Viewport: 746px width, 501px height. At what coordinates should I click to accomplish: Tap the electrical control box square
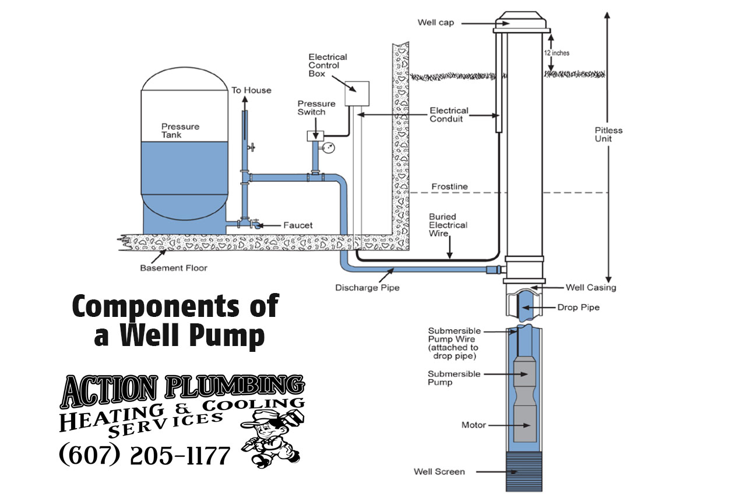point(357,93)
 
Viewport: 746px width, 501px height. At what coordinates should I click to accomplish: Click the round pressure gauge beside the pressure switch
point(330,147)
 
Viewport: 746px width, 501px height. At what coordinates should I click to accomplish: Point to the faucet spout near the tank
point(256,226)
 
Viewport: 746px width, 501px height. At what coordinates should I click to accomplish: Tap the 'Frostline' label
point(449,187)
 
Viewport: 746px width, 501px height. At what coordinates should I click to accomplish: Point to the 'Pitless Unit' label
point(608,135)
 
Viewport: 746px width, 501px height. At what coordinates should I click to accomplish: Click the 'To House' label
point(251,90)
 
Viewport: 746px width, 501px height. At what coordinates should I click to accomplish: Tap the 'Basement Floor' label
point(174,268)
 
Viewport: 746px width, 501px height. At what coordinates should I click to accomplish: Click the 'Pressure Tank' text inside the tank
point(180,130)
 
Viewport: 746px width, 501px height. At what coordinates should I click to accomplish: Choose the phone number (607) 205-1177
point(145,455)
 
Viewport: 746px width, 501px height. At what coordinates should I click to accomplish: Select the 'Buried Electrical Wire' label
point(448,225)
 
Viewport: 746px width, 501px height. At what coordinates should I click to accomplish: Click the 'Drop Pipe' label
point(578,307)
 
